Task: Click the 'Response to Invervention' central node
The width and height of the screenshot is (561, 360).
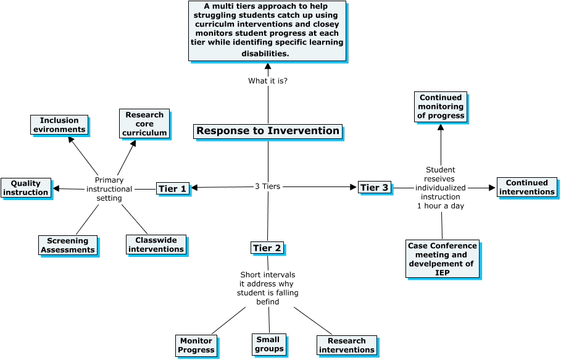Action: (267, 131)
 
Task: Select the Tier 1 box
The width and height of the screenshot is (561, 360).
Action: (172, 188)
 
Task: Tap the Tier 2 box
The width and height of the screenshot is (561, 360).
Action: (267, 248)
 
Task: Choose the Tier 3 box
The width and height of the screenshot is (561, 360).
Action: (374, 187)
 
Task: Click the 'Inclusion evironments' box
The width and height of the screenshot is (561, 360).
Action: (59, 125)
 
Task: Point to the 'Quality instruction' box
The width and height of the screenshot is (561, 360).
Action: (25, 188)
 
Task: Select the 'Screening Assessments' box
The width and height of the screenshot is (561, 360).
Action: (68, 245)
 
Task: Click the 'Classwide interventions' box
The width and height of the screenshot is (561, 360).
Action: (156, 245)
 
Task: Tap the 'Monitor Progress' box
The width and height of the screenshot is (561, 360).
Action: (196, 345)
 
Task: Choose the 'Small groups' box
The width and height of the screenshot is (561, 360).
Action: (268, 344)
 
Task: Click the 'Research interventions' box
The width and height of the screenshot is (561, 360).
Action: (346, 345)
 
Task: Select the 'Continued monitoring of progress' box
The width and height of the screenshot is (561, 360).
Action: (440, 107)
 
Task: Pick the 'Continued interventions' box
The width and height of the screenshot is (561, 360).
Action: (526, 187)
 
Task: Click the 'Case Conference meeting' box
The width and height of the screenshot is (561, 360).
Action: (442, 259)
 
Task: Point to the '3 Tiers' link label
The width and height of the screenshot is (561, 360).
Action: (267, 186)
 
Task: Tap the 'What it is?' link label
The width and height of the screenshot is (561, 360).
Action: (267, 81)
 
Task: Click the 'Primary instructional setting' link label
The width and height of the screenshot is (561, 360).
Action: (109, 189)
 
